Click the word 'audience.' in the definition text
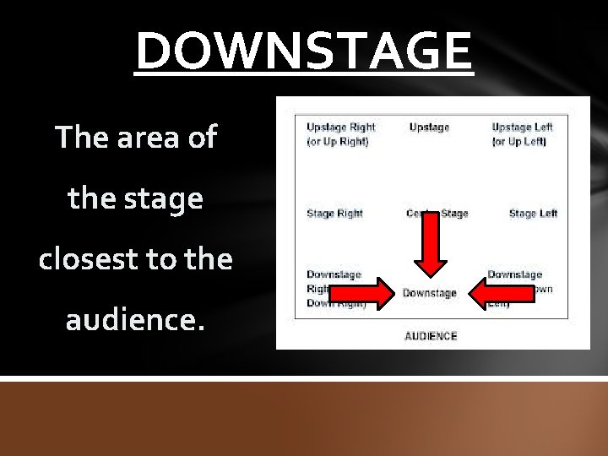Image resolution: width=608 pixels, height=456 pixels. (x=134, y=322)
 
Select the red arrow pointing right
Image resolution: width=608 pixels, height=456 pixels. (x=361, y=293)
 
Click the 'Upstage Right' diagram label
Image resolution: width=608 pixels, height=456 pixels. (x=340, y=127)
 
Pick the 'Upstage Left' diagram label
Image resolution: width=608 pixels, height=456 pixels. (x=522, y=127)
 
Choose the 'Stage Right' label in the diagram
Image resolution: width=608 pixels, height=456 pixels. (x=334, y=214)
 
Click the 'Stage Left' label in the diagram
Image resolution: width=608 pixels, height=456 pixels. (x=533, y=214)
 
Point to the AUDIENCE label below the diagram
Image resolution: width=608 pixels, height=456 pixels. (x=430, y=336)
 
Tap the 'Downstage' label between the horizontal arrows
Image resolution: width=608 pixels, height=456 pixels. (x=429, y=293)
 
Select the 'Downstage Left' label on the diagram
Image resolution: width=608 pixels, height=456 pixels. (x=514, y=274)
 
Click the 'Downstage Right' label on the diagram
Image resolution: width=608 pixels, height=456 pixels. (x=334, y=274)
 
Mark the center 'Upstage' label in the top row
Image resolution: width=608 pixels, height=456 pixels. (x=429, y=127)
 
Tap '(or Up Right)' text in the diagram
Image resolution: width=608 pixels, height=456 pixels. (x=337, y=141)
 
